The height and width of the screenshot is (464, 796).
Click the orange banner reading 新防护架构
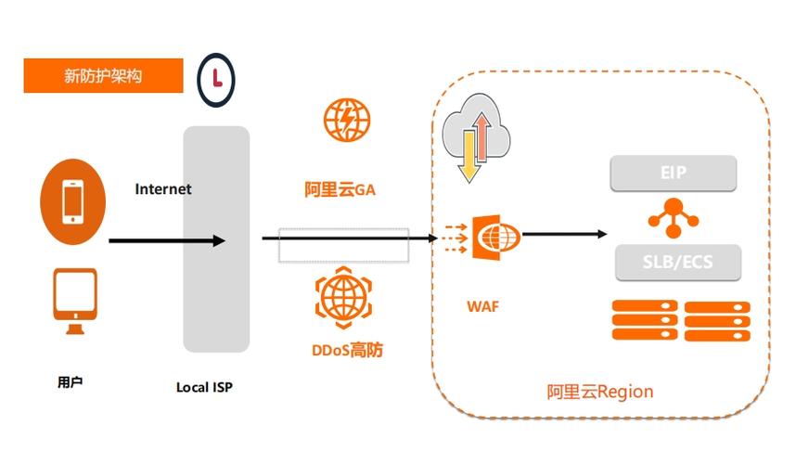[103, 76]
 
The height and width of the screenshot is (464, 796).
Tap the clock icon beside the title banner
[216, 78]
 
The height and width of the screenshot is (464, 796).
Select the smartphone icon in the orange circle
[71, 200]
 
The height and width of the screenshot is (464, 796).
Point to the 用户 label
[71, 381]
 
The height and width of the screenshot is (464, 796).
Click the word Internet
[163, 189]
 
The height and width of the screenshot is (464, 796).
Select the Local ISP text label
[204, 387]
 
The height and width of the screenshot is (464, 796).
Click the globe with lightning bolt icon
[346, 120]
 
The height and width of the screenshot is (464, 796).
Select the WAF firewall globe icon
[495, 238]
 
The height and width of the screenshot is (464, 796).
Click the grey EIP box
[673, 173]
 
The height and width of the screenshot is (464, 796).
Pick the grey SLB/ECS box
[678, 263]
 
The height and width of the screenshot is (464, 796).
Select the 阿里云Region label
[599, 392]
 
